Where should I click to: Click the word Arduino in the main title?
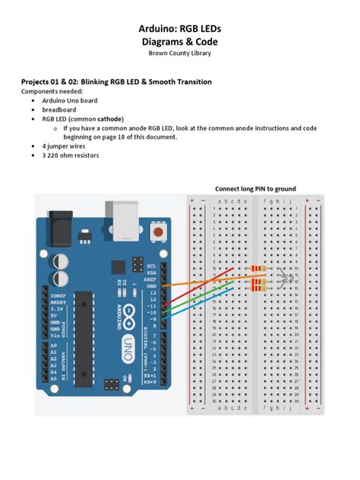point(158,28)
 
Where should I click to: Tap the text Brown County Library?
point(179,52)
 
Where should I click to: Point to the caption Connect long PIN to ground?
point(255,188)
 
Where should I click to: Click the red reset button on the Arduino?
point(158,231)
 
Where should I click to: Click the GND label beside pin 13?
point(151,286)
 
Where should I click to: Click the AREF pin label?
point(150,279)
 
